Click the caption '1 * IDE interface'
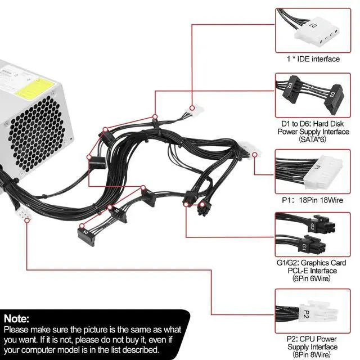pos(310,58)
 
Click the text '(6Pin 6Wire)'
pos(311,278)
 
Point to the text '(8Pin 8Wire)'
pos(311,354)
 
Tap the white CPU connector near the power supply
pos(24,216)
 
